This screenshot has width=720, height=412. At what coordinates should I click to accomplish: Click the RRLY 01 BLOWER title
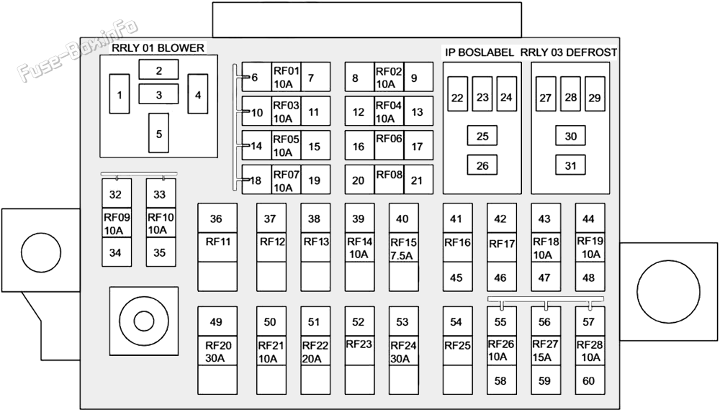(x=158, y=47)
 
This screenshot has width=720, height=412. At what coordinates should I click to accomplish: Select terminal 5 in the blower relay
(x=159, y=133)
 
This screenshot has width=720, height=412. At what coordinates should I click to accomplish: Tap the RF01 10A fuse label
(x=286, y=77)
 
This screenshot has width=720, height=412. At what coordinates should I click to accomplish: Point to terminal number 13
(x=417, y=112)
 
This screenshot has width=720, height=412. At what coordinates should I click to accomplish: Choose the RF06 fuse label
(x=389, y=139)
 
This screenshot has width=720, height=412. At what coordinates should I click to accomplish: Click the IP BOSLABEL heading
(x=480, y=52)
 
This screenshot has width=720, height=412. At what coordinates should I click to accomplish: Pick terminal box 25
(x=482, y=136)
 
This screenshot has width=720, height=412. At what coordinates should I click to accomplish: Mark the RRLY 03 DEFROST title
(x=569, y=52)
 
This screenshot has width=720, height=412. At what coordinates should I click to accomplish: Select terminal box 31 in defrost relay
(x=570, y=165)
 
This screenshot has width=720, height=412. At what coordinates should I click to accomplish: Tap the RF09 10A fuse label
(x=117, y=224)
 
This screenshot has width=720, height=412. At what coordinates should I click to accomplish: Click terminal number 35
(x=159, y=253)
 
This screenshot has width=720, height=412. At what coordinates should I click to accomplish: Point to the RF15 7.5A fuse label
(x=403, y=249)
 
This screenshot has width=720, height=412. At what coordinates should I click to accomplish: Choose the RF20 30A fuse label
(x=218, y=352)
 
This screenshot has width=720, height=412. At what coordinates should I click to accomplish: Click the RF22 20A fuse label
(x=315, y=352)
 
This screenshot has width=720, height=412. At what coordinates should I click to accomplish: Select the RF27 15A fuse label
(x=545, y=350)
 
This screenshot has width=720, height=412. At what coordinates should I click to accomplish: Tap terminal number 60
(x=589, y=381)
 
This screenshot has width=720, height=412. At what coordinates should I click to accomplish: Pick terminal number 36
(x=216, y=219)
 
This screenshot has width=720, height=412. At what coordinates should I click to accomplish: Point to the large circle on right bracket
(x=668, y=292)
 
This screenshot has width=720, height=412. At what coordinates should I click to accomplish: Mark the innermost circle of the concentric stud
(x=144, y=320)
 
